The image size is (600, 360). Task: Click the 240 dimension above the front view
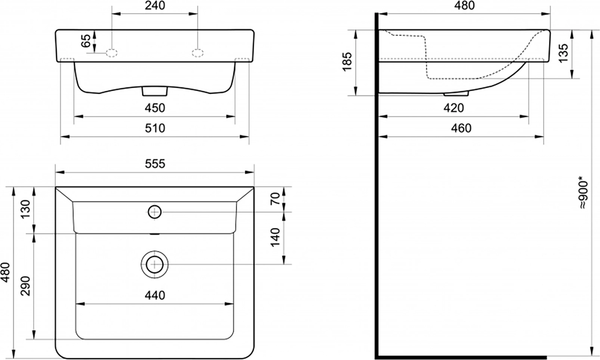(155, 6)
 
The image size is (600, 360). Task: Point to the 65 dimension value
(86, 41)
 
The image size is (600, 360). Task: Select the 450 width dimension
(155, 108)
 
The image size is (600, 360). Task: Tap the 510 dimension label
(155, 128)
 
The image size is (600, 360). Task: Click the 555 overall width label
(155, 164)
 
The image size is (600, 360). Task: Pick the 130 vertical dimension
(25, 209)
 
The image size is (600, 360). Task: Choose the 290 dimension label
(25, 286)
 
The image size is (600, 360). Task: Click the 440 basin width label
(155, 295)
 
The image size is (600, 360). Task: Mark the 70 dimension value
(275, 199)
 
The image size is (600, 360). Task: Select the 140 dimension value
(275, 238)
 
